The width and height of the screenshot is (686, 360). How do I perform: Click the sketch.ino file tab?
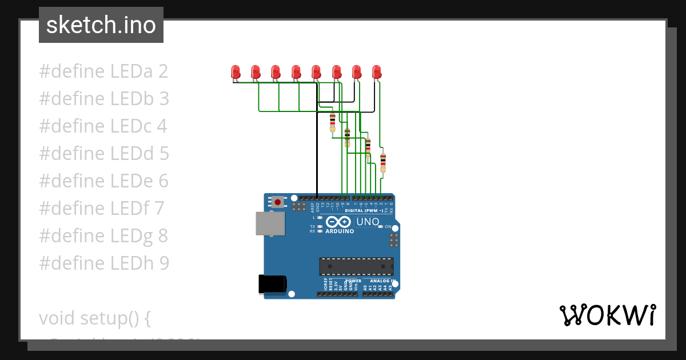point(101,25)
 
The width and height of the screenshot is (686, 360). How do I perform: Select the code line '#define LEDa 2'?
point(103,72)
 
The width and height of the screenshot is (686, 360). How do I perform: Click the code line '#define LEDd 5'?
point(104,154)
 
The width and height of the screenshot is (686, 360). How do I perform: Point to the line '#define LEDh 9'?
point(104,263)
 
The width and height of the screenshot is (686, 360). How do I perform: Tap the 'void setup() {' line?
point(95,318)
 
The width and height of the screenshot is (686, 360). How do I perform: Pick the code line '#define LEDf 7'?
point(102,209)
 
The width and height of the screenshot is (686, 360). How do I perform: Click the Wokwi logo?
point(607,315)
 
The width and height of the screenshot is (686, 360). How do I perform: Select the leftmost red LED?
point(236,72)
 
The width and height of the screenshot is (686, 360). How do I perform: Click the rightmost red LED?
point(376,72)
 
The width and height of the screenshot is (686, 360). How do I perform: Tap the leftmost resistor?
point(333,122)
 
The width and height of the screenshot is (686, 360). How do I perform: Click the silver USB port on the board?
point(270,223)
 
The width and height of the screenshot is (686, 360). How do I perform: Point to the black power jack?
point(272,284)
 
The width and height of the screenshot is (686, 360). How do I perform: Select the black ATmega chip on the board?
point(356,266)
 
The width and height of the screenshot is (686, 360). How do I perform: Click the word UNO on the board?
point(368,222)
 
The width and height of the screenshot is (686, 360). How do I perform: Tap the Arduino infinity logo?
point(340,222)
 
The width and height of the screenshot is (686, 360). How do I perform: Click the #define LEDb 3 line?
point(104,99)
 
